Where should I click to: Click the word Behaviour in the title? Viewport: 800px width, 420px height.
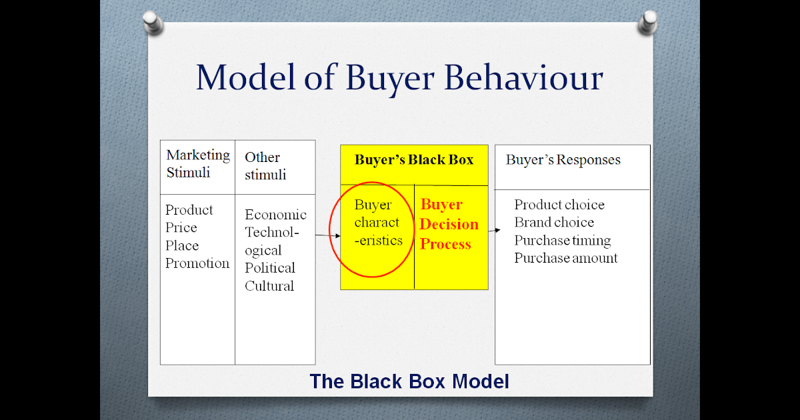click(x=524, y=77)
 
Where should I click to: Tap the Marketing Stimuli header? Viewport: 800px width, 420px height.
click(x=198, y=163)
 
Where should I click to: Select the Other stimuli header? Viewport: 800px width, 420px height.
click(x=265, y=166)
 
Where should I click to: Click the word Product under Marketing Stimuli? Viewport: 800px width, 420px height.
click(x=189, y=209)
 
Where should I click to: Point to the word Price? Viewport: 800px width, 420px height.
click(x=181, y=227)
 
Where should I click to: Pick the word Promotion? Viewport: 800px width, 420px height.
click(x=197, y=263)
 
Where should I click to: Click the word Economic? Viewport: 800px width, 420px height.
click(x=275, y=214)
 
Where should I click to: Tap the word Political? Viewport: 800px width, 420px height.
click(x=270, y=268)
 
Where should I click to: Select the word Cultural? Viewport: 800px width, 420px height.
click(x=269, y=286)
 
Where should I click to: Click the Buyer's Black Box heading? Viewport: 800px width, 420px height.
click(x=414, y=159)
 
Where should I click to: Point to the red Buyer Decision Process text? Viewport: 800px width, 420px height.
click(x=449, y=224)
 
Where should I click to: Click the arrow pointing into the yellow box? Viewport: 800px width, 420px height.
click(x=328, y=235)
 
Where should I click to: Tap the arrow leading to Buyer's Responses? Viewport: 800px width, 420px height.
click(x=494, y=231)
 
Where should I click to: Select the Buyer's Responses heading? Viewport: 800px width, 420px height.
click(x=563, y=159)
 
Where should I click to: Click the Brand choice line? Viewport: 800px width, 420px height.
click(x=554, y=222)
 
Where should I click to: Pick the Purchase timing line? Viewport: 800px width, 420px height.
click(x=563, y=241)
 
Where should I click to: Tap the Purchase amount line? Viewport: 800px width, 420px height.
click(x=566, y=258)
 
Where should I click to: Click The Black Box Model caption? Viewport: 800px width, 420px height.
click(x=409, y=381)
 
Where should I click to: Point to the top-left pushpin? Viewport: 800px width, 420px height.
click(x=153, y=23)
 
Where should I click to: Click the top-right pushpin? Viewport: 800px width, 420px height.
click(x=648, y=22)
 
